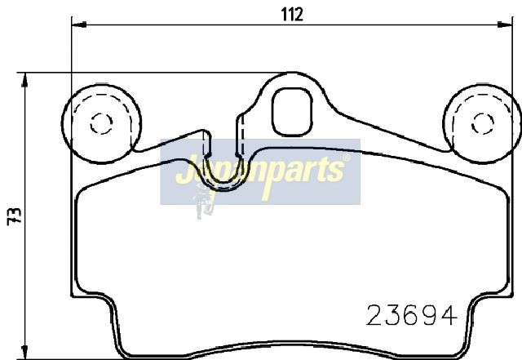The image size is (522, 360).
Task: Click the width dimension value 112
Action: tap(292, 15)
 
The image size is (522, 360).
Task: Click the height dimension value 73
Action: tap(15, 216)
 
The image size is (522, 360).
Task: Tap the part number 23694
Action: tap(412, 315)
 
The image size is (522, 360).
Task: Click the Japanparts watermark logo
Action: tap(260, 171)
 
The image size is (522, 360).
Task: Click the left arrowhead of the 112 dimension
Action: tap(79, 24)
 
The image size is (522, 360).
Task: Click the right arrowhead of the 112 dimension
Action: tap(505, 24)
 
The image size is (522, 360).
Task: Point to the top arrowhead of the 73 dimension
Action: tap(24, 80)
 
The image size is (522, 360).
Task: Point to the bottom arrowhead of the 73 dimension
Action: tap(24, 353)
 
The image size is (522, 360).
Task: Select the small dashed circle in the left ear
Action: tap(101, 123)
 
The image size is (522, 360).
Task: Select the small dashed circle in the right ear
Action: tap(483, 123)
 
